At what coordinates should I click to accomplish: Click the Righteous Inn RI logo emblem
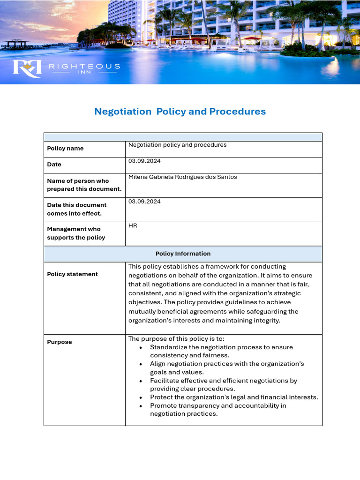pyautogui.click(x=27, y=68)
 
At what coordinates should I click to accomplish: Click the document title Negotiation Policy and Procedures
pyautogui.click(x=180, y=112)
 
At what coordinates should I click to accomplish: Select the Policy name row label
pyautogui.click(x=65, y=149)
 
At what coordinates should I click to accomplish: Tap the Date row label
pyautogui.click(x=54, y=165)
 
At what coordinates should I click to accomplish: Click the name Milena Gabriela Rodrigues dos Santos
pyautogui.click(x=182, y=177)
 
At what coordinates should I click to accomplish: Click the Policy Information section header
pyautogui.click(x=183, y=254)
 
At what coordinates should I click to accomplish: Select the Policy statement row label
pyautogui.click(x=72, y=274)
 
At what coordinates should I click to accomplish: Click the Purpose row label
pyautogui.click(x=60, y=342)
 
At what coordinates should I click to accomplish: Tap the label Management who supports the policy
pyautogui.click(x=76, y=233)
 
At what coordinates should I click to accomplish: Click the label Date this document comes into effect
pyautogui.click(x=76, y=209)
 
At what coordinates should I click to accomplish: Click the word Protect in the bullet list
pyautogui.click(x=161, y=397)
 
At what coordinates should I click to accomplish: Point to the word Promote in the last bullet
pyautogui.click(x=163, y=405)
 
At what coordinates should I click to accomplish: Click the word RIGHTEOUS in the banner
pyautogui.click(x=84, y=67)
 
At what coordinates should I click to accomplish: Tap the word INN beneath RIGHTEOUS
pyautogui.click(x=84, y=73)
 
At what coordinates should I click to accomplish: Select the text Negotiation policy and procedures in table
pyautogui.click(x=177, y=145)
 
